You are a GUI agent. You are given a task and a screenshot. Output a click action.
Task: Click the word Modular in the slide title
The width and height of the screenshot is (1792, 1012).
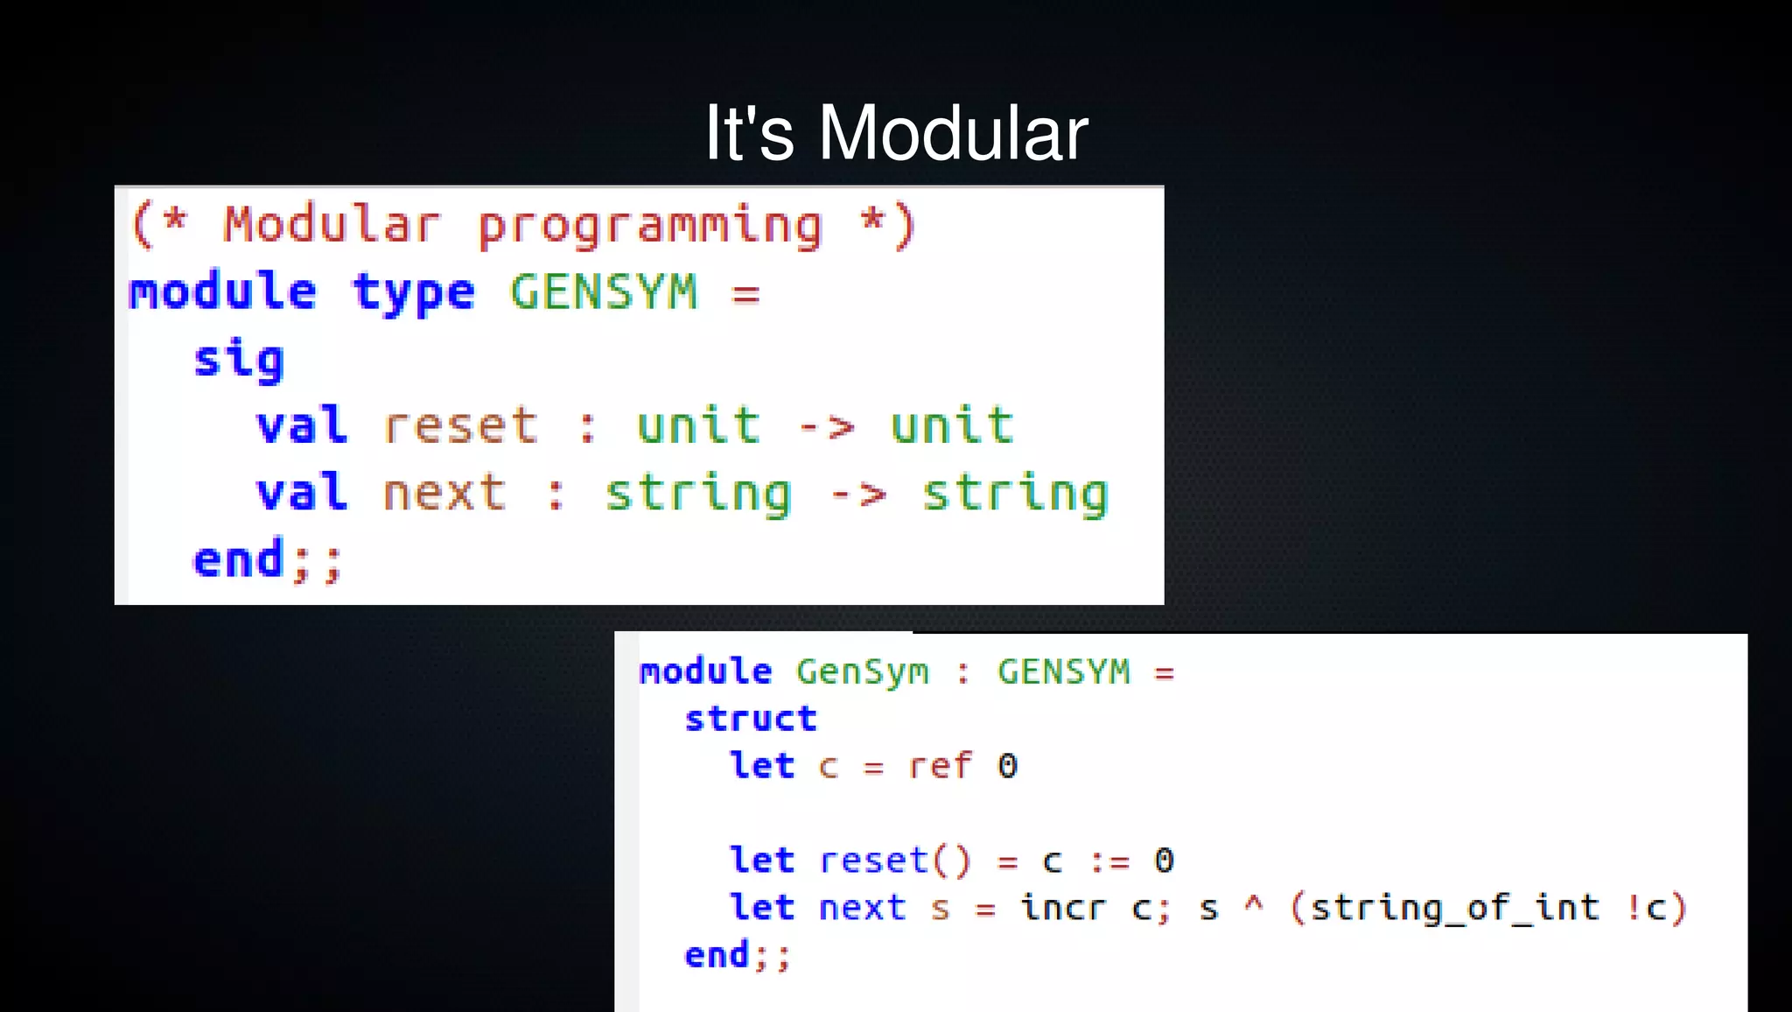pos(953,133)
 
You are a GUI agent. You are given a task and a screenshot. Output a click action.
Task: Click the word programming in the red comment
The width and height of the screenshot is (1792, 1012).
pos(650,225)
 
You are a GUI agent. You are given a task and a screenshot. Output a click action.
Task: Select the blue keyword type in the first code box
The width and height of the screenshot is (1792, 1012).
pos(413,292)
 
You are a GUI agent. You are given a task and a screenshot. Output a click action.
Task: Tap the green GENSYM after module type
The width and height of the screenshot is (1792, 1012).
pos(604,292)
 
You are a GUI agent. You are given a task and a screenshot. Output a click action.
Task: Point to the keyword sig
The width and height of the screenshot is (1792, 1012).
pos(239,360)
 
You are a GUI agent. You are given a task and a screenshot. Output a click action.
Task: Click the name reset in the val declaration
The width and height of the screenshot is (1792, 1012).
pos(460,426)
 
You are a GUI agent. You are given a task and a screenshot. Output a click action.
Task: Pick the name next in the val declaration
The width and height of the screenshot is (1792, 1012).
pos(444,493)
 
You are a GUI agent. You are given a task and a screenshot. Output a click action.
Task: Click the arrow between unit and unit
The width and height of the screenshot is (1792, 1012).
pos(826,427)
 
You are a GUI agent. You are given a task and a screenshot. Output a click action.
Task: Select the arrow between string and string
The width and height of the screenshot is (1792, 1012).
pos(857,494)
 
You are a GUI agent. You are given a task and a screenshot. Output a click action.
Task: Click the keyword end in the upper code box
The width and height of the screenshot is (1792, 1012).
pos(238,559)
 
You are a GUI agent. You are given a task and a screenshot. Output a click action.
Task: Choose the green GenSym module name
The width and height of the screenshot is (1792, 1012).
pos(862,672)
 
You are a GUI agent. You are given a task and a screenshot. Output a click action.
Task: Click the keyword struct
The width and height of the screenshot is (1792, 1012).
pos(751,719)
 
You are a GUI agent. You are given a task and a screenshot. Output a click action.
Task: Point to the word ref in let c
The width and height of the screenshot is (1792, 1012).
pos(940,766)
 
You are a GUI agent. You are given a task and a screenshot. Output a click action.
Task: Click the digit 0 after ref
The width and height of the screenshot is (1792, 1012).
pos(1007,766)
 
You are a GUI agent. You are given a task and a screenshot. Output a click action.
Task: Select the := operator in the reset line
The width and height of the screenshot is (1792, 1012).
pos(1109,861)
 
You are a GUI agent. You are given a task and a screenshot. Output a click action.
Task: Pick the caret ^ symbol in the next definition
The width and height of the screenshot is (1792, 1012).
pos(1254,904)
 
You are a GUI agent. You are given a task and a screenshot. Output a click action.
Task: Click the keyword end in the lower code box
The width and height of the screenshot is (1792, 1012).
pos(717,955)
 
